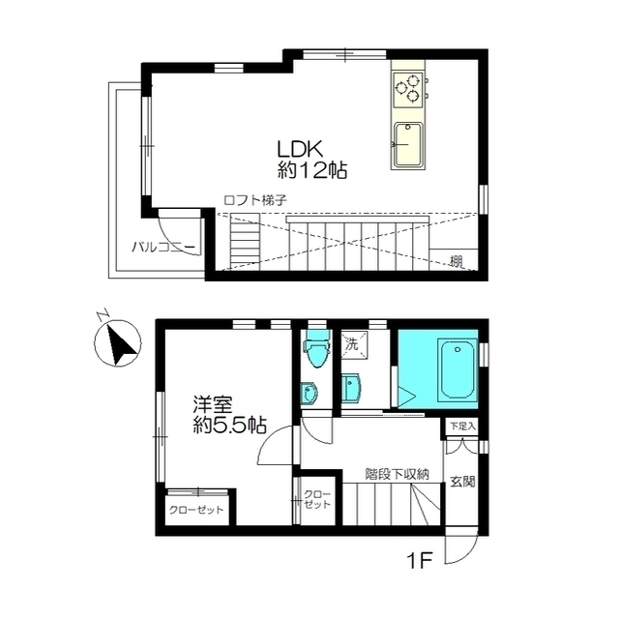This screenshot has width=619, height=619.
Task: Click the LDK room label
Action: pos(301,150)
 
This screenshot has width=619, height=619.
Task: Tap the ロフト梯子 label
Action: pos(255,200)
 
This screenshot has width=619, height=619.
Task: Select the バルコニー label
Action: pos(163,248)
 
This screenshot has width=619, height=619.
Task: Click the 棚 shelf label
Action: pos(457,262)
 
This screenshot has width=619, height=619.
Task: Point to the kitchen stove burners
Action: pos(408,90)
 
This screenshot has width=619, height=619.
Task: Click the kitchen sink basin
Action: pos(408,146)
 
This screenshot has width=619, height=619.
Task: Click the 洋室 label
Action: pos(212,404)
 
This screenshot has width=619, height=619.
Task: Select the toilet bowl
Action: pos(316,348)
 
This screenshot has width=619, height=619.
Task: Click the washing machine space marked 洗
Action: pos(354,344)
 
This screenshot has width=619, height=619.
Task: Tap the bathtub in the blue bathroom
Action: pos(457,369)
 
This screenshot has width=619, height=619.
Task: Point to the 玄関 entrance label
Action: pos(462,482)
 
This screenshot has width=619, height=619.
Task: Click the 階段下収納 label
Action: pos(398,474)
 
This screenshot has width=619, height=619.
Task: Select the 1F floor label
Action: pos(420,561)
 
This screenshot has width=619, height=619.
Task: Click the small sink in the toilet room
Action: pos(309,394)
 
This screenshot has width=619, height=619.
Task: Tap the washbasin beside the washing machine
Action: pos(352,388)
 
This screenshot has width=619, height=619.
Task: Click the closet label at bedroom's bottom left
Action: pos(196,510)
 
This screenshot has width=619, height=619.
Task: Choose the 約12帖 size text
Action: pos(311,171)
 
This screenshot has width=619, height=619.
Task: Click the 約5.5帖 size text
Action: pos(228,425)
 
